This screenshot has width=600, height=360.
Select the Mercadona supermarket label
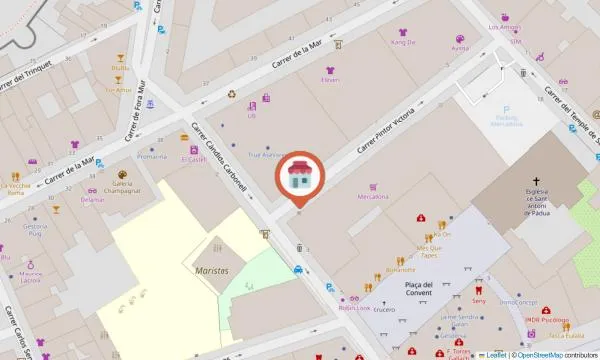click(373, 197)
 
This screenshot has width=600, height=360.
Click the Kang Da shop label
click(403, 43)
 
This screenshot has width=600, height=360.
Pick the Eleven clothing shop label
click(330, 80)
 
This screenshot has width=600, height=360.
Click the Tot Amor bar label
click(118, 90)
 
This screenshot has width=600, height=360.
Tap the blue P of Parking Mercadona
click(507, 111)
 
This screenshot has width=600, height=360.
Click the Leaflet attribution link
click(493, 354)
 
